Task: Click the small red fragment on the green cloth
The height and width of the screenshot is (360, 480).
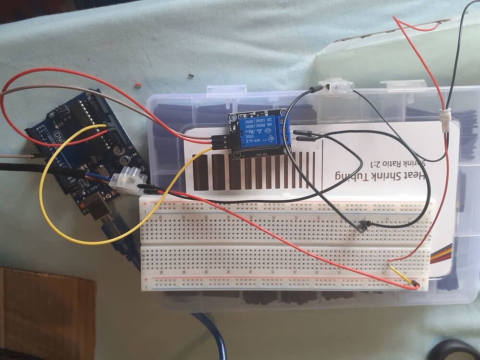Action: pyautogui.click(x=138, y=84)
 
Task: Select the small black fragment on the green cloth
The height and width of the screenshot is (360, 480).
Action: pyautogui.click(x=191, y=75)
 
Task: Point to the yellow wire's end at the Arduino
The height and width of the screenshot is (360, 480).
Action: pyautogui.click(x=104, y=126)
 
